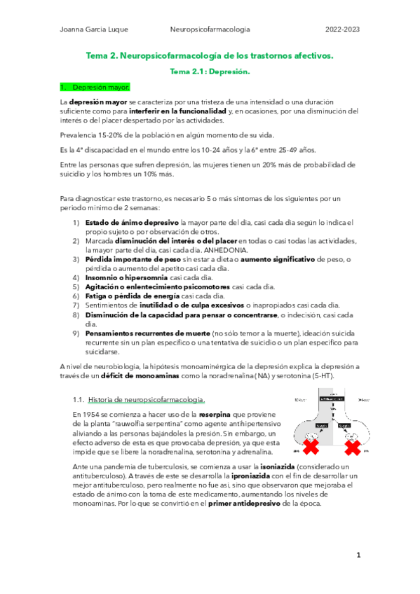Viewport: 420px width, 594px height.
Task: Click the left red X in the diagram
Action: pos(309,446)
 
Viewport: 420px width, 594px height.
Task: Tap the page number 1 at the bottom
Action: pos(358,555)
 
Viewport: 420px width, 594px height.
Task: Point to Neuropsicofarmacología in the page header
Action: pos(210,29)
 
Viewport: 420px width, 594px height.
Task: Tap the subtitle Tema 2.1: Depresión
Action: pos(210,71)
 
